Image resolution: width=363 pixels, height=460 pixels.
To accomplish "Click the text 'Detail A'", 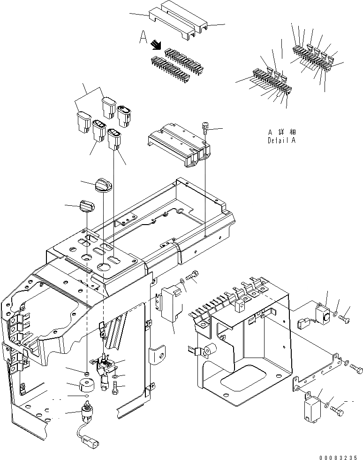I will (x=282, y=140).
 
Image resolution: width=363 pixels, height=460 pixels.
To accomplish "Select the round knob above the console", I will (x=102, y=184).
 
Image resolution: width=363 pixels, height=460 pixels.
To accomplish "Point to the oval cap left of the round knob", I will (x=87, y=205).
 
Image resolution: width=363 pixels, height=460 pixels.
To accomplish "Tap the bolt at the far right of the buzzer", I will (x=345, y=318).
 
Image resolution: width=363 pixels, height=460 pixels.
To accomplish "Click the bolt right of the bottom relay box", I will (x=338, y=410).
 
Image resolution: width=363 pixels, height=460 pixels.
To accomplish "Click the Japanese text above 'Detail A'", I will (x=282, y=132).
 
